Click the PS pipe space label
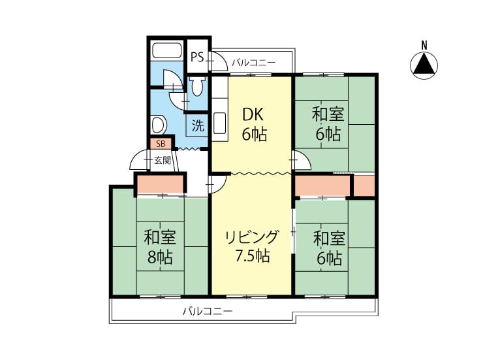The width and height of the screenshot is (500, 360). click(x=197, y=57)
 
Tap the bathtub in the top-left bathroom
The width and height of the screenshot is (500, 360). click(x=166, y=50)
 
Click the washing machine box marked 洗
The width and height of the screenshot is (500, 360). click(x=198, y=125)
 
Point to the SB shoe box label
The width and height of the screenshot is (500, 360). click(x=161, y=144)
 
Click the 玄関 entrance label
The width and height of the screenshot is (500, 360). click(x=163, y=160)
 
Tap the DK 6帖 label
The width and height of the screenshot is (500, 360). click(x=254, y=124)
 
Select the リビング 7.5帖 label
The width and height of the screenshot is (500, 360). click(x=252, y=246)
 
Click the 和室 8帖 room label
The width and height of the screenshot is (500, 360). click(x=160, y=247)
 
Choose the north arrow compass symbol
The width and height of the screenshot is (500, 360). click(x=424, y=65)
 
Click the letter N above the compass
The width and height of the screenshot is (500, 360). click(x=424, y=46)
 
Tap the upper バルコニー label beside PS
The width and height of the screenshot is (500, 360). click(x=253, y=62)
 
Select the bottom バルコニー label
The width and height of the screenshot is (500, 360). click(x=208, y=311)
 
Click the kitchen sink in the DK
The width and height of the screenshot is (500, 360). click(x=220, y=123)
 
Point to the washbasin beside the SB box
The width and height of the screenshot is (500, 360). click(x=159, y=125)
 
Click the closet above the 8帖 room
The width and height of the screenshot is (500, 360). click(x=161, y=184)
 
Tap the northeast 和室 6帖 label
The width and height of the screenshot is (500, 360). click(x=328, y=124)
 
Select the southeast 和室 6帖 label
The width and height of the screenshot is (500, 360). click(x=329, y=248)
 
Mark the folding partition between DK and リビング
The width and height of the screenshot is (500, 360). click(x=261, y=173)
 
